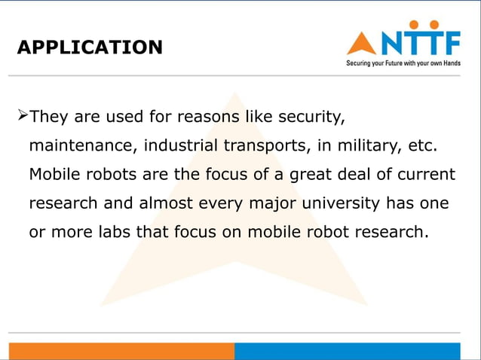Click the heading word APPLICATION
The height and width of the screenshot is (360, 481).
click(89, 47)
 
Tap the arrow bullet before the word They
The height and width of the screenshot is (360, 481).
click(22, 117)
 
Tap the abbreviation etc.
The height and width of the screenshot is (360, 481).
click(421, 145)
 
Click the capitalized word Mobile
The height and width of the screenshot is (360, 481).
click(52, 174)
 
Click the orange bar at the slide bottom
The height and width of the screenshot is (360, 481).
click(121, 351)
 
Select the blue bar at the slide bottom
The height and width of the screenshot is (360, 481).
click(347, 351)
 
